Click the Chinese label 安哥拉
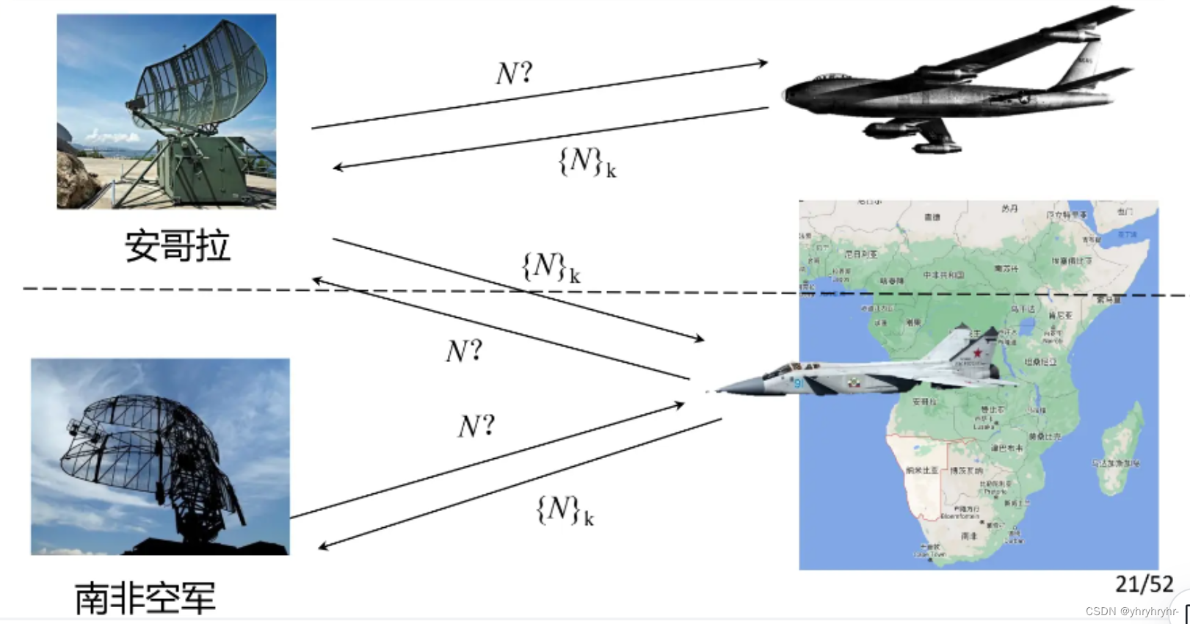[177, 246]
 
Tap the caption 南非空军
[145, 598]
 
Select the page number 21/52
[1144, 584]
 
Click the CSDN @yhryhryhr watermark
[1131, 612]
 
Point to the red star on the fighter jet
[977, 353]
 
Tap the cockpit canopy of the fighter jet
[784, 367]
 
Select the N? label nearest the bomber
[514, 73]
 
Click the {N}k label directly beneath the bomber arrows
[587, 162]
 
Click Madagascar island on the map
[1120, 448]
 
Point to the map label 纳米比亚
[921, 470]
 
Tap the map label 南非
[969, 536]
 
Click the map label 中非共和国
[943, 275]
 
